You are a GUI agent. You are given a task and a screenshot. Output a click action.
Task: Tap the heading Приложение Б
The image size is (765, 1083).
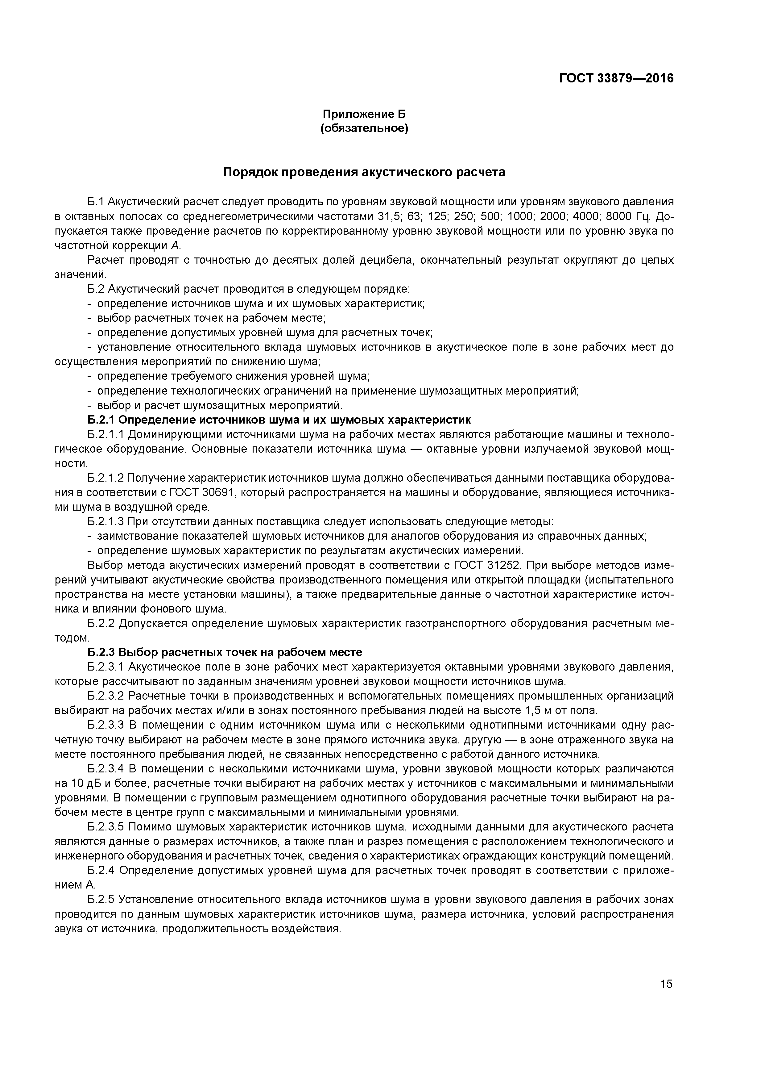[x=364, y=114]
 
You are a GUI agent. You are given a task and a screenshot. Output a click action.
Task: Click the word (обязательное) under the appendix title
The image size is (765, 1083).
[x=364, y=128]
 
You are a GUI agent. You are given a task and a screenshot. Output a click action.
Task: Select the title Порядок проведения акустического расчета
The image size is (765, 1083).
[x=364, y=172]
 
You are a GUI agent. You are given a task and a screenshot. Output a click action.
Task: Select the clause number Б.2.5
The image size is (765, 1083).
[x=101, y=900]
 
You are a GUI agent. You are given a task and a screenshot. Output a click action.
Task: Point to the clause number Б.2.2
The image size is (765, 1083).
[x=101, y=624]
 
